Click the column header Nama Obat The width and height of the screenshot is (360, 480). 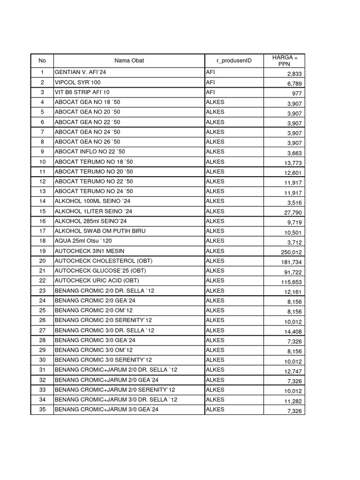129,60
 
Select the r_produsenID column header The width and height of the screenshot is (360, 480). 234,60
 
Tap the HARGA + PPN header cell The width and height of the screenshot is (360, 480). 284,60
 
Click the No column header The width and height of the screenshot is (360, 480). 42,60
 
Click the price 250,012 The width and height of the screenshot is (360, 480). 292,253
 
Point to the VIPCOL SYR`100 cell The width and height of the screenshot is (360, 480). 77,82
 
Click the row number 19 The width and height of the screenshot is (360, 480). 42,251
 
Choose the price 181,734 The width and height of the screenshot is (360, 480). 292,262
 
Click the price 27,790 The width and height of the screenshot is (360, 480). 293,213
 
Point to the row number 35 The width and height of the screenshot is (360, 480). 42,410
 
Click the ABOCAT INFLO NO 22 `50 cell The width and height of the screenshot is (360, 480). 90,152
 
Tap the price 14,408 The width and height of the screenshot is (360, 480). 293,332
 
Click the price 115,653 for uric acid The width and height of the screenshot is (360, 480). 292,282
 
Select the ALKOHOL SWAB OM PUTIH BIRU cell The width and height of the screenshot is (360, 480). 100,231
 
